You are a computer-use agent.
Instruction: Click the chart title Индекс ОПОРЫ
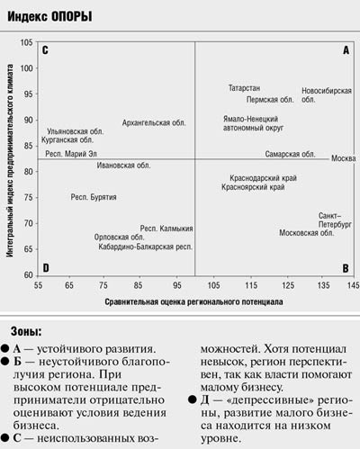(49, 16)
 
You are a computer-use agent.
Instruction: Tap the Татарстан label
(244, 88)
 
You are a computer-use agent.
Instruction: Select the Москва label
(344, 158)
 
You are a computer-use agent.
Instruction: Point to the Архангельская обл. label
(154, 122)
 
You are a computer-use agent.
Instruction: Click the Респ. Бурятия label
(94, 197)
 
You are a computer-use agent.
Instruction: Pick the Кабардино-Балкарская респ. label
(146, 247)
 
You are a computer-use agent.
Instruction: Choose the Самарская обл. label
(290, 154)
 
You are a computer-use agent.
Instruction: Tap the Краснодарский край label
(263, 178)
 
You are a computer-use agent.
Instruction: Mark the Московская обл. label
(307, 233)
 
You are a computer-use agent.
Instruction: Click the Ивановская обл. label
(123, 166)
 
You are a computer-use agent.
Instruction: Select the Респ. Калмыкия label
(166, 229)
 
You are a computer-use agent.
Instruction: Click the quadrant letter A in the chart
(346, 50)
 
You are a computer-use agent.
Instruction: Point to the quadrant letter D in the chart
(46, 267)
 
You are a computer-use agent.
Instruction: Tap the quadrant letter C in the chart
(45, 50)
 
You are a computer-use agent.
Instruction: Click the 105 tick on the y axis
(26, 42)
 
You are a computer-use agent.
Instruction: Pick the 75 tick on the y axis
(29, 198)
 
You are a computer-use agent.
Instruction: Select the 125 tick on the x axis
(288, 285)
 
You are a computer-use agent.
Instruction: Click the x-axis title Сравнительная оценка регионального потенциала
(193, 301)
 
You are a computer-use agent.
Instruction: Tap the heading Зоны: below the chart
(26, 332)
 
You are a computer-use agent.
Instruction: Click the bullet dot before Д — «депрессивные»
(193, 400)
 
